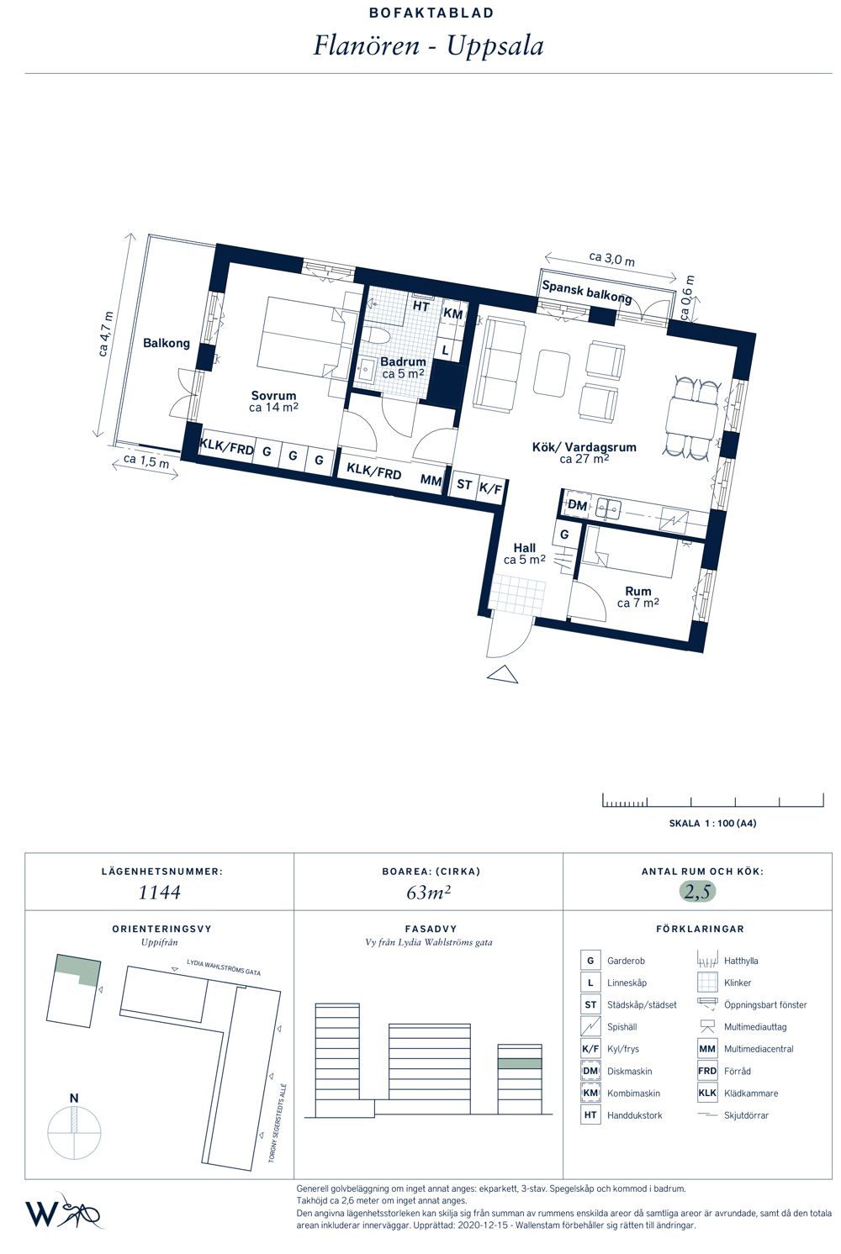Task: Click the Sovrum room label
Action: (x=273, y=395)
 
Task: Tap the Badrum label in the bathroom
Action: (x=403, y=361)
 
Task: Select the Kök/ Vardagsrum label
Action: (x=584, y=447)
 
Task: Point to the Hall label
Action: (x=525, y=547)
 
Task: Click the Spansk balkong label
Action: (x=587, y=292)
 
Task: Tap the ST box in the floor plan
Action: (x=464, y=483)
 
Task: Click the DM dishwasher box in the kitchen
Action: (x=578, y=505)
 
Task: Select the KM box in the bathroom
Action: (x=452, y=313)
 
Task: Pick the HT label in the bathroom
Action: (x=420, y=306)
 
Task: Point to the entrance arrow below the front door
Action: (x=503, y=674)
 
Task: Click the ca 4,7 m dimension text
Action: (x=105, y=335)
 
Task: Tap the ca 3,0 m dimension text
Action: (x=612, y=259)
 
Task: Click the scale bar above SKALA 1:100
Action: (x=712, y=800)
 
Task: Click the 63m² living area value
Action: (x=429, y=892)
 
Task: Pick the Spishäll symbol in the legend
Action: (x=590, y=1027)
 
